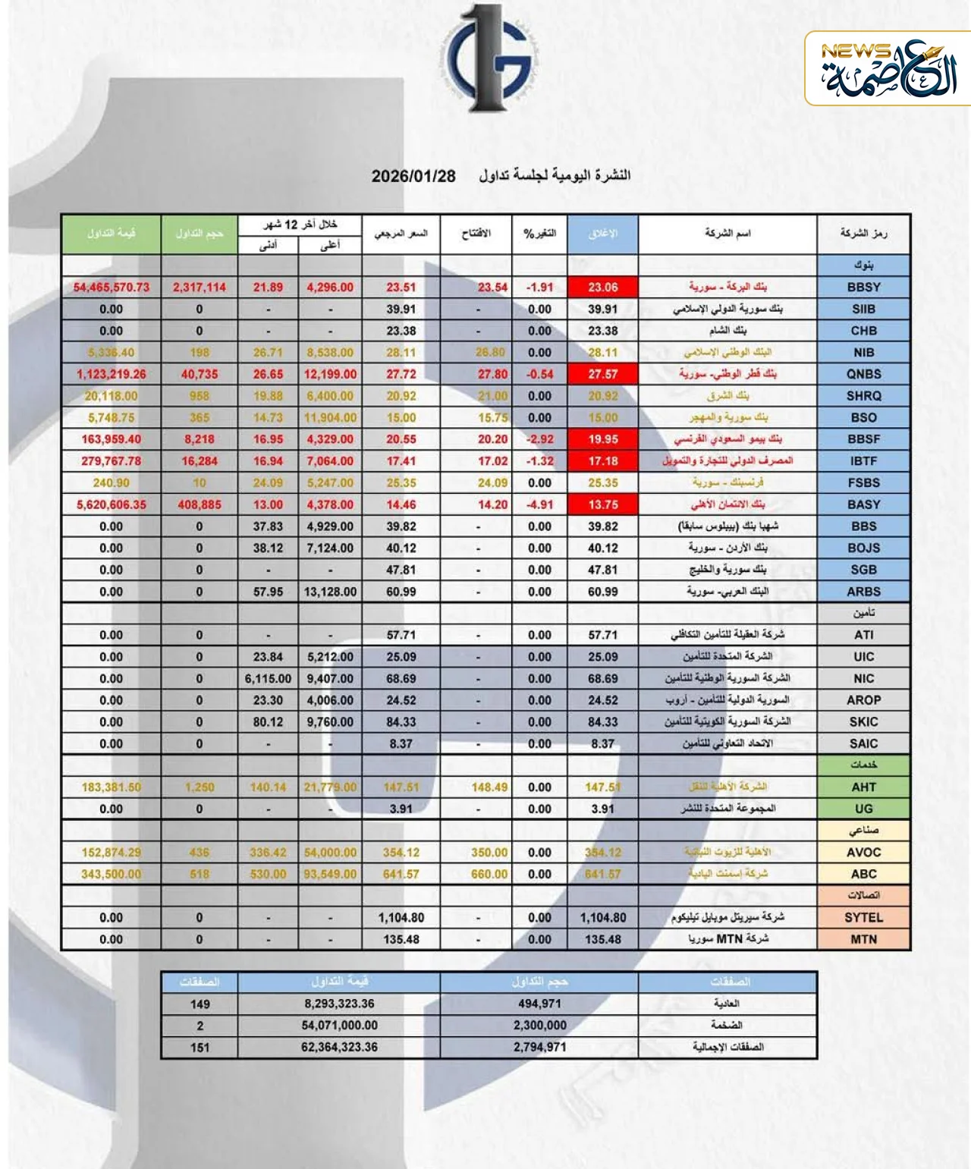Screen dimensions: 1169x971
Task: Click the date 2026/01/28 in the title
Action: pyautogui.click(x=413, y=176)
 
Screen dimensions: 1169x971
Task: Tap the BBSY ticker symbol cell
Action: pyautogui.click(x=863, y=288)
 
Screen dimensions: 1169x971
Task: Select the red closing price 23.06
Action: pyautogui.click(x=602, y=288)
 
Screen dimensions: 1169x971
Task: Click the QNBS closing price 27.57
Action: pyautogui.click(x=602, y=374)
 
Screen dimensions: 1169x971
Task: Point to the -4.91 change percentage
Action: pyautogui.click(x=539, y=504)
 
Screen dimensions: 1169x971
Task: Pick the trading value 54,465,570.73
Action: pyautogui.click(x=112, y=288)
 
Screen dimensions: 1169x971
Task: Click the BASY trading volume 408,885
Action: pyautogui.click(x=200, y=504)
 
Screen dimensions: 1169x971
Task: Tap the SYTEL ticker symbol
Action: pyautogui.click(x=863, y=918)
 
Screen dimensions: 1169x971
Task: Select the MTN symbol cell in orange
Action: pyautogui.click(x=863, y=939)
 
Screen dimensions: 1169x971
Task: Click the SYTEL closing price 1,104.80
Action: pyautogui.click(x=602, y=918)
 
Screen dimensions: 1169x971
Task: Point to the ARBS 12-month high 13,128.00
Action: pyautogui.click(x=330, y=592)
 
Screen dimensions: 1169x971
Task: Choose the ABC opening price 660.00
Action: pyautogui.click(x=489, y=874)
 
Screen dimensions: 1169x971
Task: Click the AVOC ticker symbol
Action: pyautogui.click(x=863, y=853)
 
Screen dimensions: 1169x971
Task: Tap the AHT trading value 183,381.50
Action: pyautogui.click(x=112, y=787)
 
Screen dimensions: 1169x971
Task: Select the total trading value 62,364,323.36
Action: pyautogui.click(x=339, y=1047)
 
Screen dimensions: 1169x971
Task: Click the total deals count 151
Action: pyautogui.click(x=200, y=1047)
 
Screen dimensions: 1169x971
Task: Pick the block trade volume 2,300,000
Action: pyautogui.click(x=539, y=1026)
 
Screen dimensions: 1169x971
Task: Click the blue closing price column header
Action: pyautogui.click(x=602, y=234)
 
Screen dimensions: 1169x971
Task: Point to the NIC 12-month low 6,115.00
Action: pyautogui.click(x=268, y=679)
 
